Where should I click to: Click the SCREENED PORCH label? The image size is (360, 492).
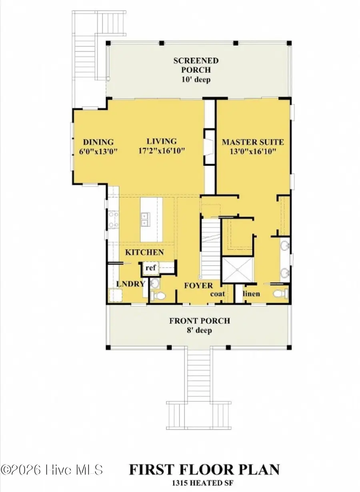point(196,66)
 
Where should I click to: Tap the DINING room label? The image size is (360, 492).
point(98,142)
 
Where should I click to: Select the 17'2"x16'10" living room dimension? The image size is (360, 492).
point(162,151)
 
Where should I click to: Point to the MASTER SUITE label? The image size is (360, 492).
point(253,142)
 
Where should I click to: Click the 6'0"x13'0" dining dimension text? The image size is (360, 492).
point(98,151)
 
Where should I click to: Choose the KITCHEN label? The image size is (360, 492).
point(144,252)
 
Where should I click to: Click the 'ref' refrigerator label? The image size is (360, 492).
point(150,268)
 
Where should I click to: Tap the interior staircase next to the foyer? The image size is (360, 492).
point(210,248)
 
